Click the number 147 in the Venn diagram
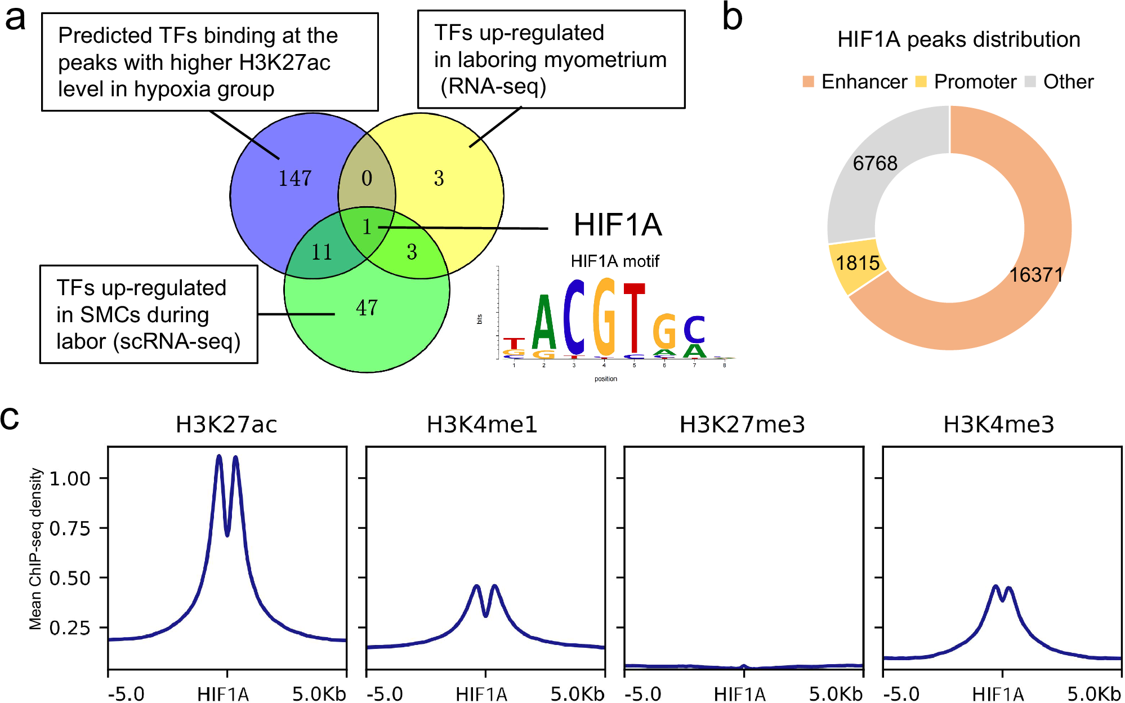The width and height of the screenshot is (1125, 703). [295, 179]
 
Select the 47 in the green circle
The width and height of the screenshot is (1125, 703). [367, 308]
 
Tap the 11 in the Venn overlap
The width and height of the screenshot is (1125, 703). [322, 252]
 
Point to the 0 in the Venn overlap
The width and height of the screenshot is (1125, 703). [367, 179]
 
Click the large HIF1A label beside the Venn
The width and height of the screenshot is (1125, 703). [618, 225]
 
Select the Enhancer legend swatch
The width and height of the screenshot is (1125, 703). [808, 82]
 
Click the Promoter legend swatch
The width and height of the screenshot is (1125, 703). [921, 82]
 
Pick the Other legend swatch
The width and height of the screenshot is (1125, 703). [1030, 82]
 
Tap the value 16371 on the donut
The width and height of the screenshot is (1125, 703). [1035, 275]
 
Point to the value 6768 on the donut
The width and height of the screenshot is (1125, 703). [874, 163]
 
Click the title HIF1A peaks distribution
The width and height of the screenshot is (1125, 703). [958, 39]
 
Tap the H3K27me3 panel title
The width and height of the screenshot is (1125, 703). [742, 424]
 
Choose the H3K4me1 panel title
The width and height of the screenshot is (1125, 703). [482, 424]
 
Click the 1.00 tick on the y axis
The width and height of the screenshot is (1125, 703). [70, 479]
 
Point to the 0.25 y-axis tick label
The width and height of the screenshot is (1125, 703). [70, 628]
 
